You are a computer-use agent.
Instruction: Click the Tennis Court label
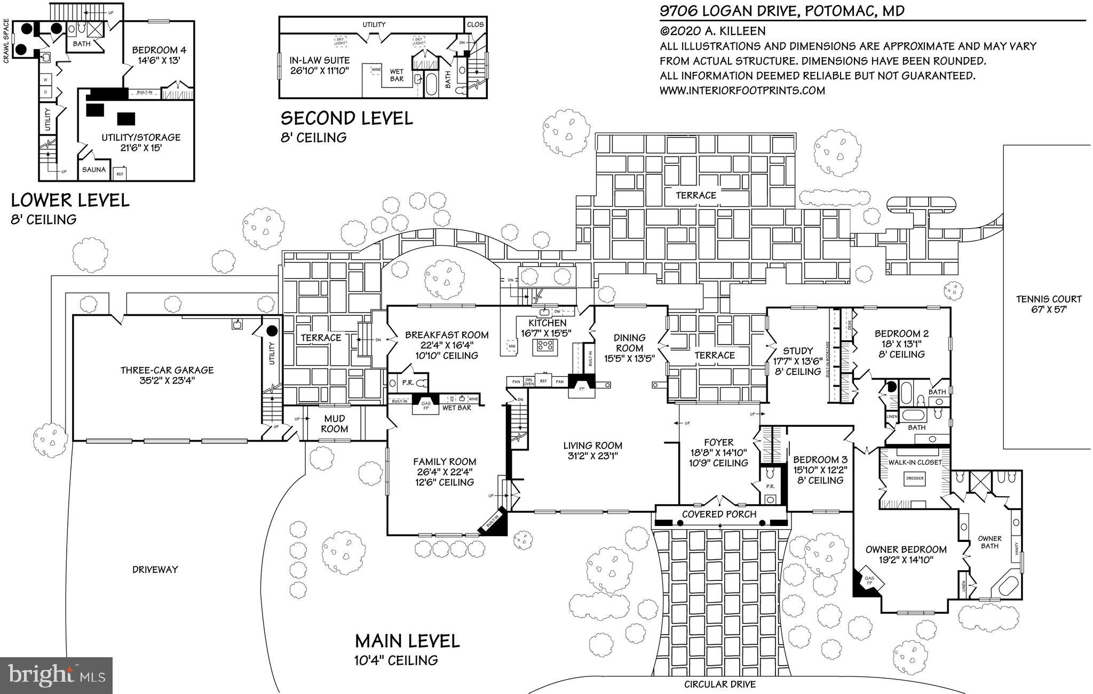pos(1048,299)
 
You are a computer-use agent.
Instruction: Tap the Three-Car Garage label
pos(167,370)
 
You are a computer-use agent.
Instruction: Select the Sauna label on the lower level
pos(94,170)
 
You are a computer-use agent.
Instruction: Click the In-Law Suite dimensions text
pos(319,70)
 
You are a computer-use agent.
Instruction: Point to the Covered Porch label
pos(719,514)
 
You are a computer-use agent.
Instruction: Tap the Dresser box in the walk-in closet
pos(914,478)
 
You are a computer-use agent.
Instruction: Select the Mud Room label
pos(334,424)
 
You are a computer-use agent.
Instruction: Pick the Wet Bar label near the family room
pos(457,408)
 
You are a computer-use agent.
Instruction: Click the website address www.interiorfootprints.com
pos(742,91)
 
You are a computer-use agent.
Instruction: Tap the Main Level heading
pos(407,641)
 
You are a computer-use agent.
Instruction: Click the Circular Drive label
pos(719,684)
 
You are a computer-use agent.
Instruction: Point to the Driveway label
pos(155,569)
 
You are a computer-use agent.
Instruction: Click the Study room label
pos(798,350)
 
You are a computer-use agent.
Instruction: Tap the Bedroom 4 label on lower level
pos(159,50)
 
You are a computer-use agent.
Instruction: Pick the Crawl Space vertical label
pos(7,41)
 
